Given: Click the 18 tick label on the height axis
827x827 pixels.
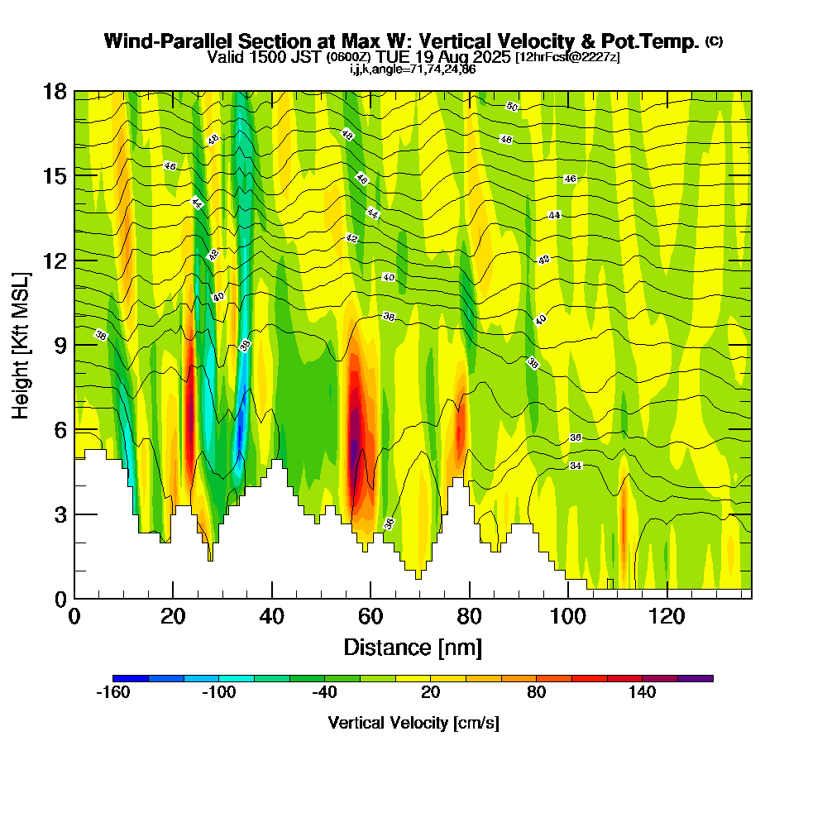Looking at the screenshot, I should point(55,91).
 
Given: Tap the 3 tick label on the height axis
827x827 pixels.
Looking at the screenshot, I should point(60,514).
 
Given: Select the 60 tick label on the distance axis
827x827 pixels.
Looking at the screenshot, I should point(370,617).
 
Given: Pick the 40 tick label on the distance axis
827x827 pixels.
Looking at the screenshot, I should point(271,617).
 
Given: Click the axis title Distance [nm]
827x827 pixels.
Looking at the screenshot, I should point(413,647).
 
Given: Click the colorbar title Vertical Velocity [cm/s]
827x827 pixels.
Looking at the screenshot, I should point(413,723).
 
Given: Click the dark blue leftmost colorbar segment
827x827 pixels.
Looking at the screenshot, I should point(131,678).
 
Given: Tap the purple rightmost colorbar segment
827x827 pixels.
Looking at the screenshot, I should point(695,678).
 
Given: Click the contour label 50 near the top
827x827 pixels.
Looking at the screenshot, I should point(512,107).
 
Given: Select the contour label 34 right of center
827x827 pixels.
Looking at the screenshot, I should point(576,466).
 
